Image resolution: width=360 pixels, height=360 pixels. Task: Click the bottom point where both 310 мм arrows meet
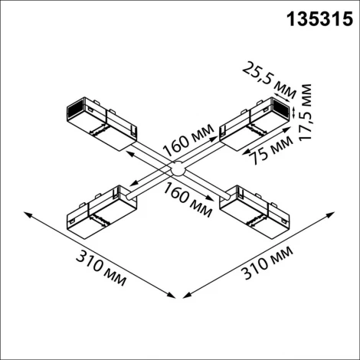[177, 297]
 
